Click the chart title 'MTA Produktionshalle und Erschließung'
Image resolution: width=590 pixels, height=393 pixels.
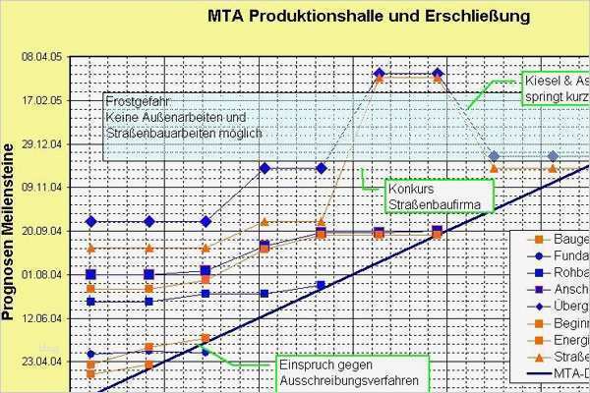(x=369, y=17)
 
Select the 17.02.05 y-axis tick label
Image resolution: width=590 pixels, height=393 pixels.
(x=41, y=100)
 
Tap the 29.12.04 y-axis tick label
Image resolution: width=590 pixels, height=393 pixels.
(x=41, y=143)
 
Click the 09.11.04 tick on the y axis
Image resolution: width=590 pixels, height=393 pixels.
(x=41, y=187)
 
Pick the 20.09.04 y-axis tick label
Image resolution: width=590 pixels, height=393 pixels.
(x=41, y=230)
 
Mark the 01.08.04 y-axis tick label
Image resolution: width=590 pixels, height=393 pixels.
(x=41, y=274)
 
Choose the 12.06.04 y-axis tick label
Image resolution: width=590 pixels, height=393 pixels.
(x=41, y=318)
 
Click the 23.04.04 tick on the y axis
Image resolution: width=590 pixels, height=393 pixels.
(x=41, y=362)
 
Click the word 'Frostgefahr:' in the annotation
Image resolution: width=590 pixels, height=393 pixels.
(x=140, y=101)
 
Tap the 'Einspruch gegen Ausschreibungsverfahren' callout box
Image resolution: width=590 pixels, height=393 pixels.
(x=341, y=370)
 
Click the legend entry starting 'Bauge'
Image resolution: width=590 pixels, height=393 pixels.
(x=570, y=239)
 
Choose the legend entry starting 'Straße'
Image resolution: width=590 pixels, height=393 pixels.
(x=570, y=356)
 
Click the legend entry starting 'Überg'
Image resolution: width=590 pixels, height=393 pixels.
(x=570, y=306)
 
